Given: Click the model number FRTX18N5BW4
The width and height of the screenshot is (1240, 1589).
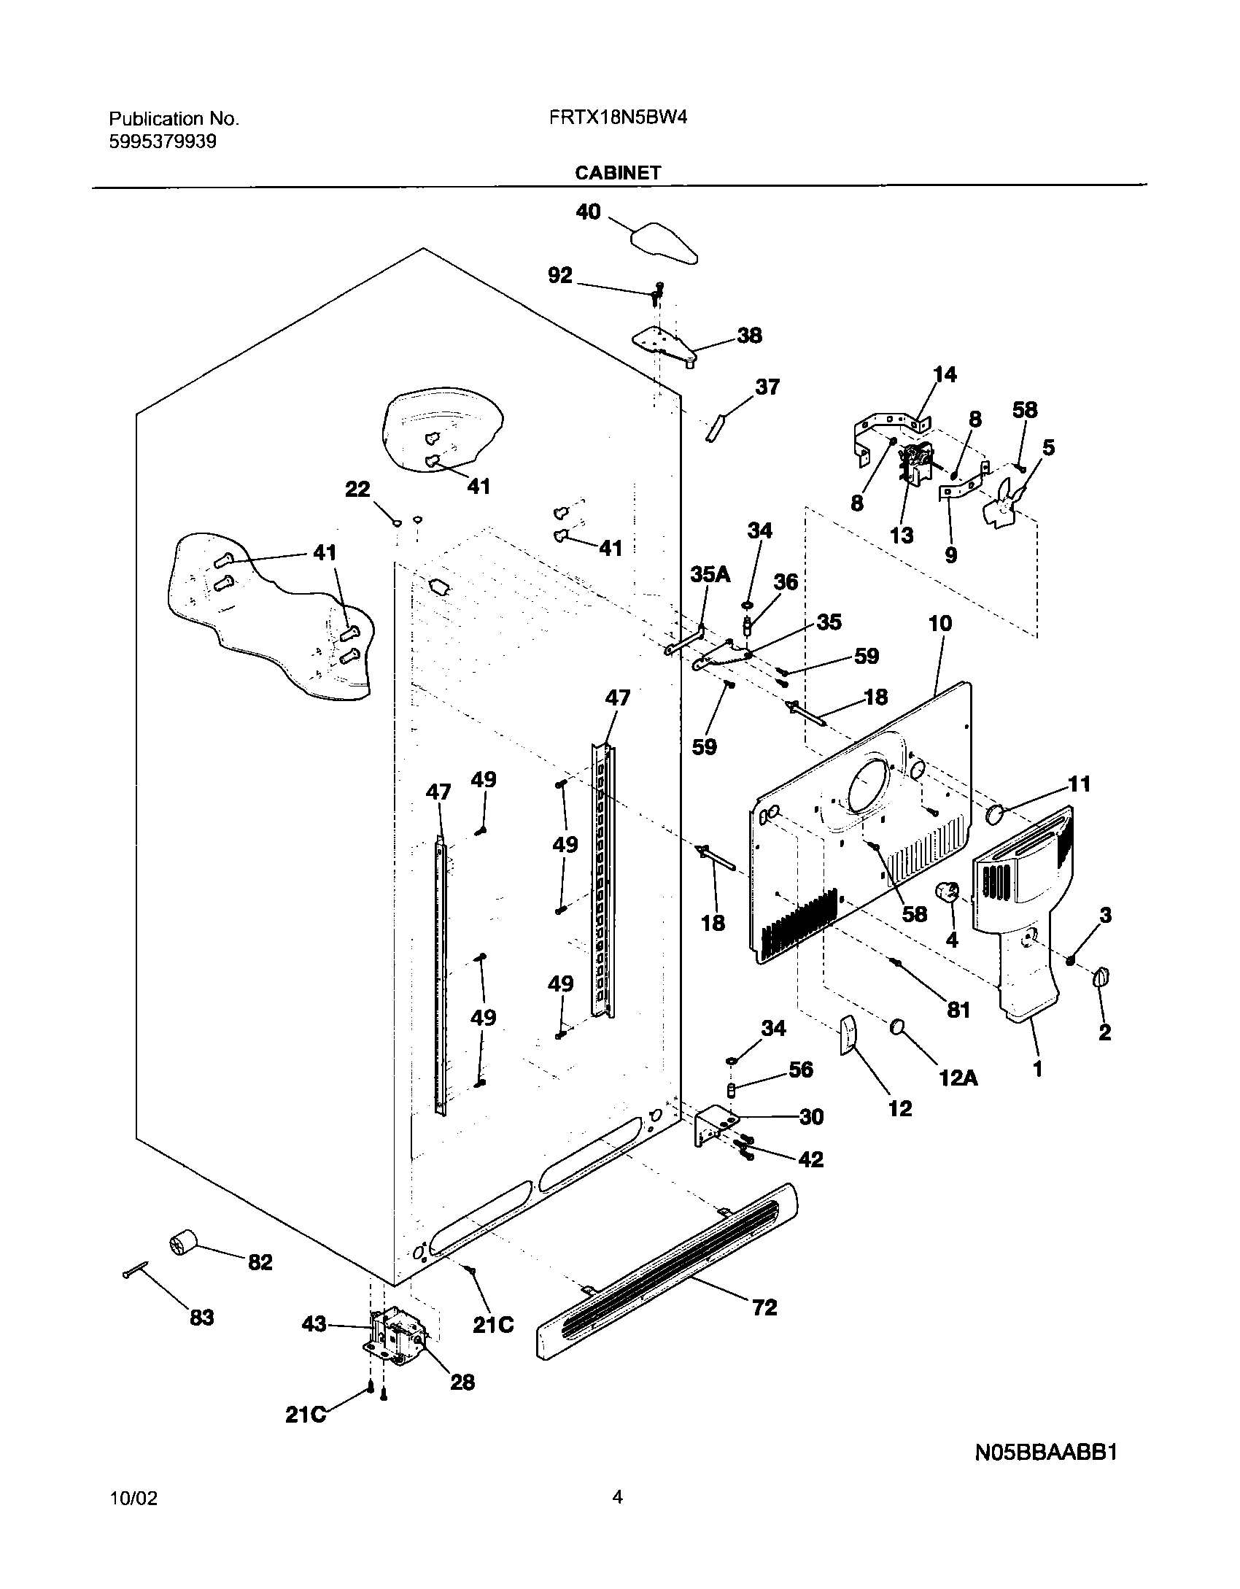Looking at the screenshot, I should point(619,118).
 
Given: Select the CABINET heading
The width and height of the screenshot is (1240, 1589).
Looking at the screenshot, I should point(618,173).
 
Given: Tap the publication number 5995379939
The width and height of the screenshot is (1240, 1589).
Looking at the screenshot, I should point(163,142).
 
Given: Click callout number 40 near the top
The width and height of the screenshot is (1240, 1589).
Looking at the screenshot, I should point(588,212).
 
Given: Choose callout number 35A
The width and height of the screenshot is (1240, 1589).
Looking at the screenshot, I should point(710,574).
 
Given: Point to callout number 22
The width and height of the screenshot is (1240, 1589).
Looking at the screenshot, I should point(357,489).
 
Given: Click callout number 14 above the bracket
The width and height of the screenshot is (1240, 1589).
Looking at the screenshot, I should point(944,374).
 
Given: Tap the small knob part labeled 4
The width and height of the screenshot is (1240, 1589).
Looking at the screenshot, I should point(948,892).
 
